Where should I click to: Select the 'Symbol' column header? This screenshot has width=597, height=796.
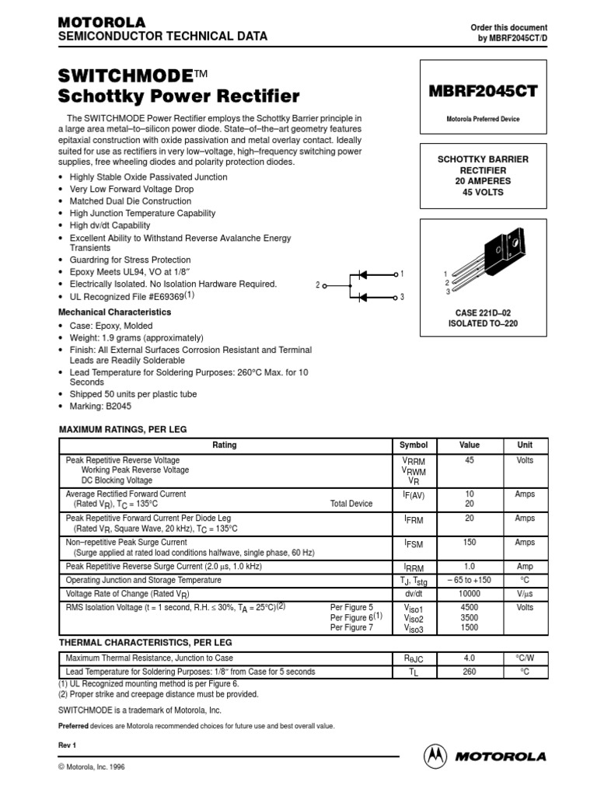click(414, 445)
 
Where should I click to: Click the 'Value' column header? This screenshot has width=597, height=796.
click(470, 445)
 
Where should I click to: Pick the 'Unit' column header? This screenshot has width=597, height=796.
click(525, 445)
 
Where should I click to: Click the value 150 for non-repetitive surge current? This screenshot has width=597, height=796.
click(470, 543)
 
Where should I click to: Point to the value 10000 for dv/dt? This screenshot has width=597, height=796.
click(470, 594)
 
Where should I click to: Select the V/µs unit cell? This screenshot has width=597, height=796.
click(525, 594)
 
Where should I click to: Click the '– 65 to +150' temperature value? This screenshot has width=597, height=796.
click(470, 581)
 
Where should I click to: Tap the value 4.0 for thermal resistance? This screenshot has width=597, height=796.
click(470, 658)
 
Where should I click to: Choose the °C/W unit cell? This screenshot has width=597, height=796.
click(525, 658)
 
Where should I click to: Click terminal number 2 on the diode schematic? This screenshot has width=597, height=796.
click(319, 285)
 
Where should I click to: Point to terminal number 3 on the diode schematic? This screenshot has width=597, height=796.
click(402, 298)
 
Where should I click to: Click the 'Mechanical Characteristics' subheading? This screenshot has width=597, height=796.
click(115, 312)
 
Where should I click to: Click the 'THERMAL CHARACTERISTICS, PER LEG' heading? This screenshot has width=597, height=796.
click(145, 643)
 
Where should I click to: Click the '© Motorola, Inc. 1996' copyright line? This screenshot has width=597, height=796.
click(92, 766)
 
